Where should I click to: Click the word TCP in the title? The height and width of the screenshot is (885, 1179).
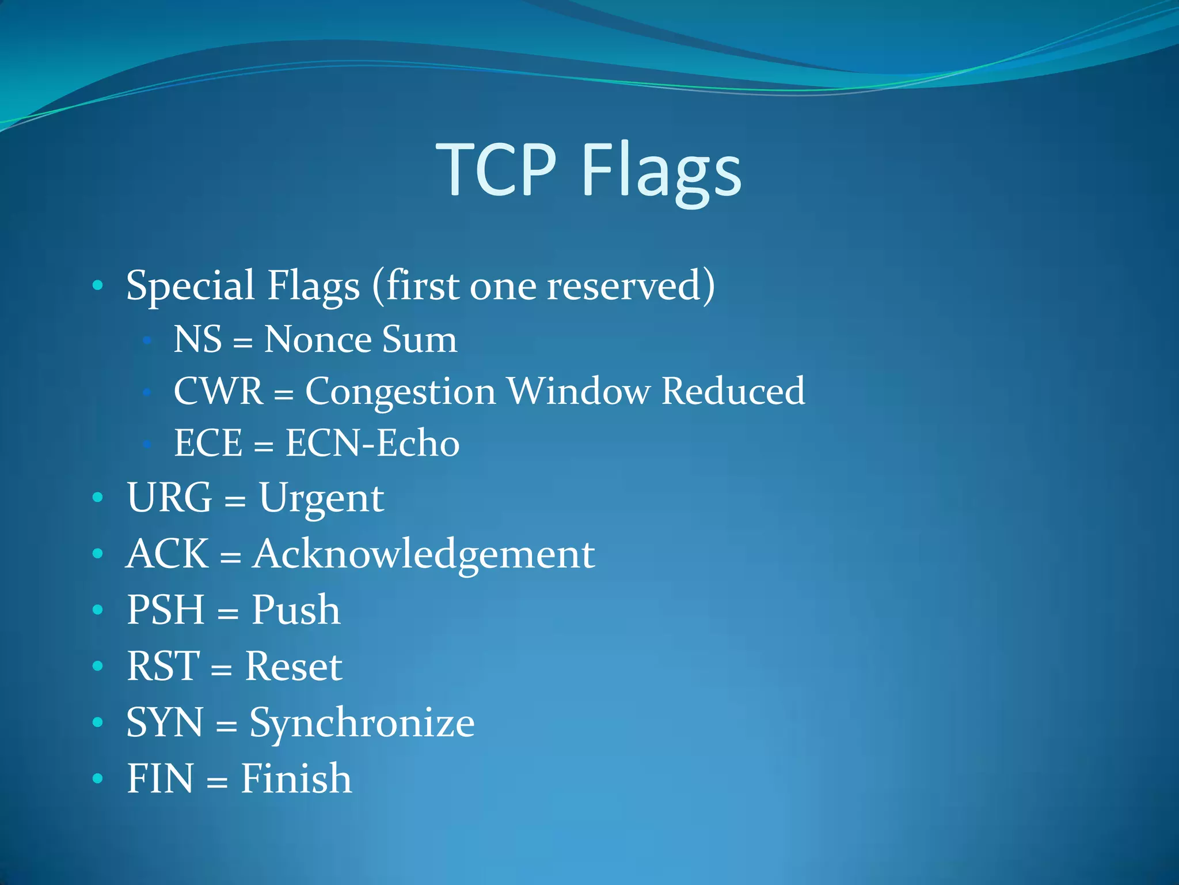496,170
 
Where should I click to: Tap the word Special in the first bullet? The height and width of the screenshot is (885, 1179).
190,286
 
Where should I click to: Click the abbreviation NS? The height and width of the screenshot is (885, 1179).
197,339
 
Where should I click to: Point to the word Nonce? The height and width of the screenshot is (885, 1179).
318,339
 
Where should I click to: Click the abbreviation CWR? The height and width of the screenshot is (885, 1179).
218,391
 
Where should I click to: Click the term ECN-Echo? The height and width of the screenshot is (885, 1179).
372,443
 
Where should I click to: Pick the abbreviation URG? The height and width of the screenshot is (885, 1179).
169,497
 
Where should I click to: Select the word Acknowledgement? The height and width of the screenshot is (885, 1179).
423,554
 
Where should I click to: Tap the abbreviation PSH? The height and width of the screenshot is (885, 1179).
165,610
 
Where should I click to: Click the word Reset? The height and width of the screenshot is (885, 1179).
294,666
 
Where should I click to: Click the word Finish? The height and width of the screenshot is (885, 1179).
296,778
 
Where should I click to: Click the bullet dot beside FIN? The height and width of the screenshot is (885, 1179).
98,779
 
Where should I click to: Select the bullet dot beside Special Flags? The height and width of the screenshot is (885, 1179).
98,285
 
